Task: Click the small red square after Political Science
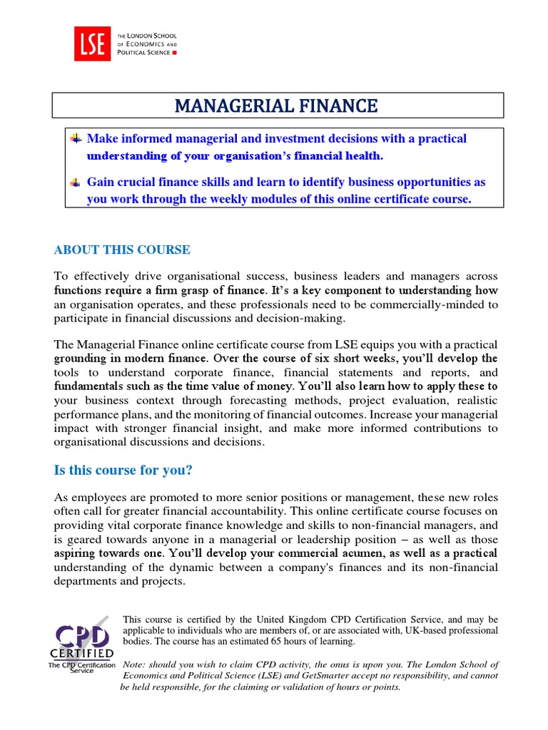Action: click(x=176, y=53)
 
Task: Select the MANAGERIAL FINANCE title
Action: click(x=276, y=106)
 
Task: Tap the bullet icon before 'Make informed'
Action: click(x=75, y=138)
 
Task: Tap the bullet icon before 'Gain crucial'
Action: click(x=75, y=182)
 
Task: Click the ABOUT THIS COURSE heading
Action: click(x=122, y=250)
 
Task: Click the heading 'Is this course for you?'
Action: click(x=123, y=471)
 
